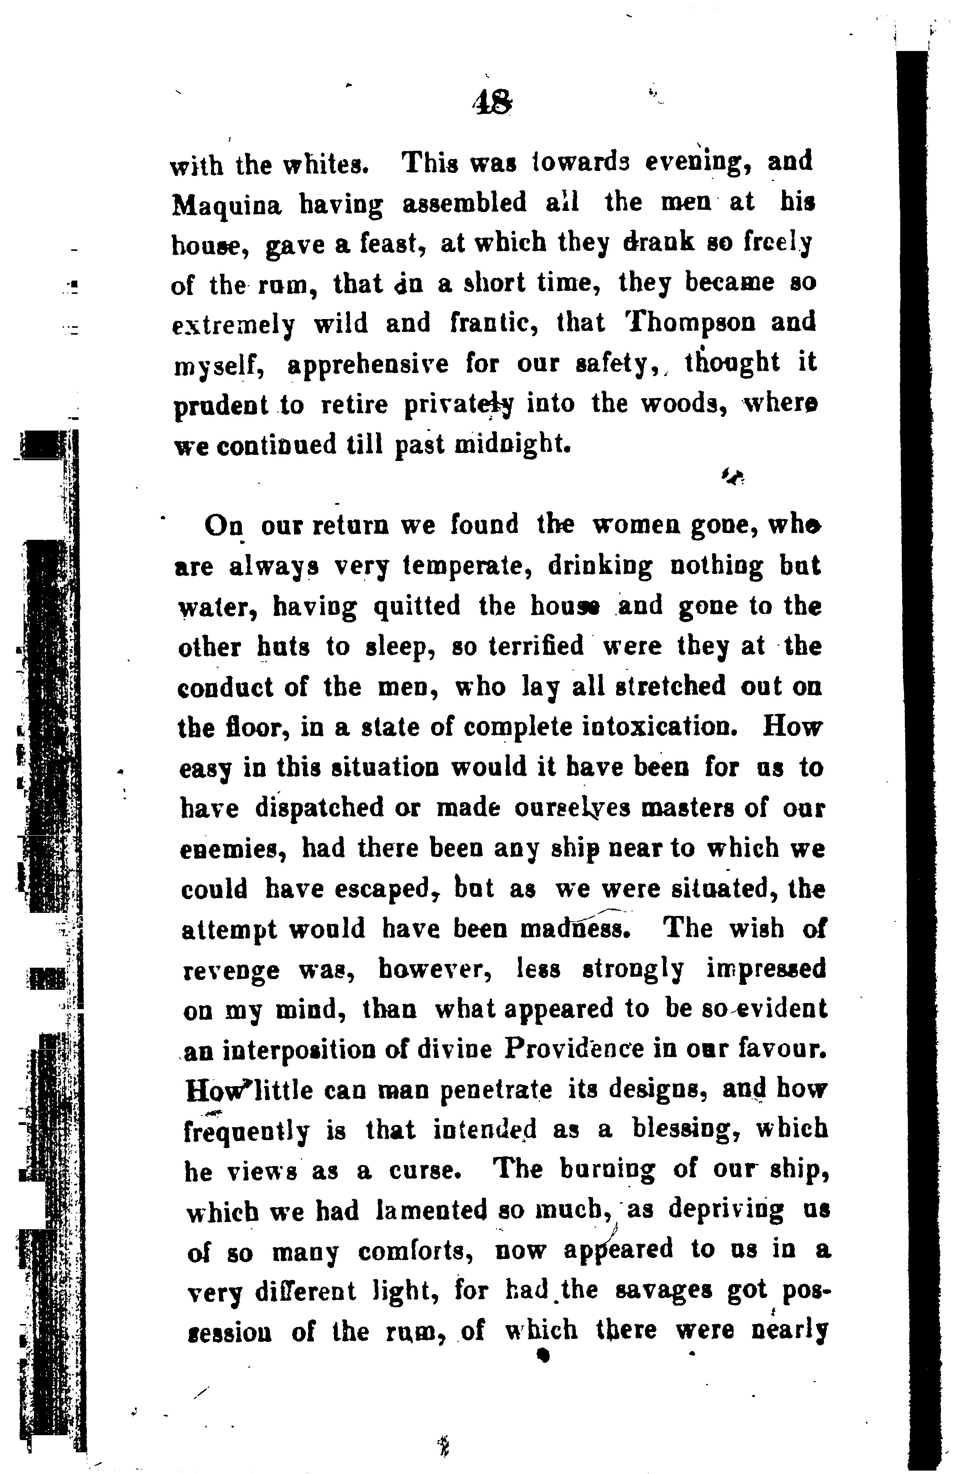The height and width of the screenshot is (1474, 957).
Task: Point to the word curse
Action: point(425,1171)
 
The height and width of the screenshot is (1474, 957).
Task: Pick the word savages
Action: point(664,1292)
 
